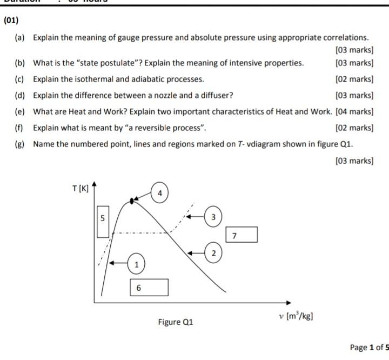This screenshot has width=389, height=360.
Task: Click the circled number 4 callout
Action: coord(159,193)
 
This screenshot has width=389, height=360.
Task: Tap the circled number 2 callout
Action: coord(213,253)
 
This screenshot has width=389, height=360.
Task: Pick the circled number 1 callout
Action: coord(136,264)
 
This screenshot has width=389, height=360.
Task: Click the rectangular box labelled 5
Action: coord(102,221)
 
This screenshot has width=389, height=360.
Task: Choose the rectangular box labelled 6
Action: coord(149,288)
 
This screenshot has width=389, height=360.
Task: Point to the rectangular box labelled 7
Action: coord(241,235)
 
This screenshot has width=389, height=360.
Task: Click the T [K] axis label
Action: coord(81,189)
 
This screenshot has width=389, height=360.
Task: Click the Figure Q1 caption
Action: coord(175,322)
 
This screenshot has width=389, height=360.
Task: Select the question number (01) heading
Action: coord(11,21)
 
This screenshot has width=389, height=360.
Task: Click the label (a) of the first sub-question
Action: coord(19,38)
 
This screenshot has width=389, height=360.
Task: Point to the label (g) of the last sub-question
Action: coord(19,144)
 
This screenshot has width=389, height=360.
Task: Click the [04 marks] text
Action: coord(354,112)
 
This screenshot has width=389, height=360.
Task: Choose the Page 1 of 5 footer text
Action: coord(369,347)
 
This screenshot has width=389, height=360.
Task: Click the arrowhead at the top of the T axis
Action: coord(94,184)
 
